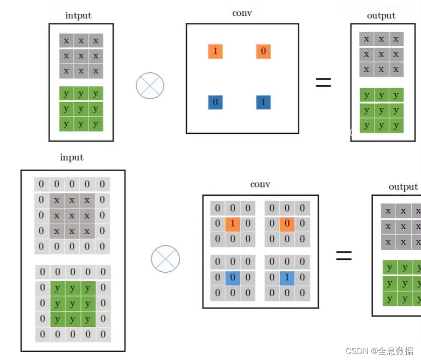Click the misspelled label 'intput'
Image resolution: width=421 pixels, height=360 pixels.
(x=78, y=15)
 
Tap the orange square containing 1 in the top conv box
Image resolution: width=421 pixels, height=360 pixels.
(x=215, y=51)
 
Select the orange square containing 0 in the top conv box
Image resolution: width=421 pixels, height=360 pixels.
(x=263, y=51)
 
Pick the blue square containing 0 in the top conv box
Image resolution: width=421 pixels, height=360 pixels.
(x=215, y=102)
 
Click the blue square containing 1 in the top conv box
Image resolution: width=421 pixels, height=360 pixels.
(x=263, y=102)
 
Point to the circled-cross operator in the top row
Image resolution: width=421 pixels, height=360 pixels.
(x=150, y=85)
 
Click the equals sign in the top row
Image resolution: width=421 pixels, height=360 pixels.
(x=323, y=82)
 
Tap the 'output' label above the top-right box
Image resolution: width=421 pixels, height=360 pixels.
(x=381, y=15)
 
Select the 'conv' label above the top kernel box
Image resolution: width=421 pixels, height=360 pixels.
(x=242, y=13)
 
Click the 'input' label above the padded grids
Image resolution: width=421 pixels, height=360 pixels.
(x=72, y=157)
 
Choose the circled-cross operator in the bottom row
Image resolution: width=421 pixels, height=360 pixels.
(x=165, y=258)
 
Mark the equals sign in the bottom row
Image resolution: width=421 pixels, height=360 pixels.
(x=344, y=256)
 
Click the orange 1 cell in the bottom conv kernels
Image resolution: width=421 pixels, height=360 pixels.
(x=233, y=224)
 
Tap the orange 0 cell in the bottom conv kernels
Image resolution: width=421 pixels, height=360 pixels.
(x=287, y=224)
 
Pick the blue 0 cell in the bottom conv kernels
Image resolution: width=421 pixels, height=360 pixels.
(x=233, y=278)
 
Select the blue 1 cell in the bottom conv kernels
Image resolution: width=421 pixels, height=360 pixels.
(x=287, y=278)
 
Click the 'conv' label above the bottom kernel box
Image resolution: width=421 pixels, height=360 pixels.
(x=260, y=184)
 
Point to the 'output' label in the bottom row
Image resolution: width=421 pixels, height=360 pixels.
(x=403, y=187)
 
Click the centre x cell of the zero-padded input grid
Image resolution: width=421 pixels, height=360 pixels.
(x=72, y=216)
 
